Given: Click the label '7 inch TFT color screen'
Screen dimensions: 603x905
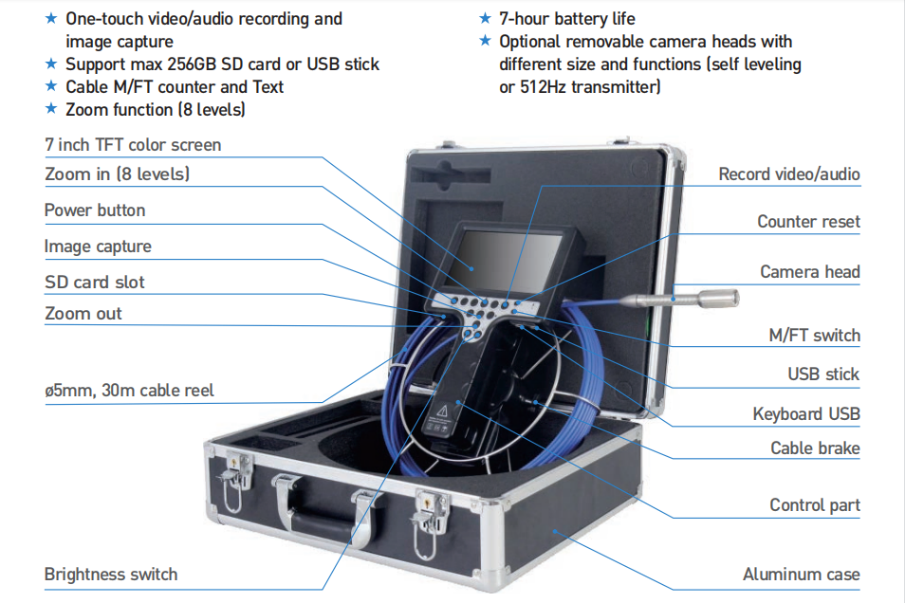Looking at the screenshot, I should pyautogui.click(x=133, y=145).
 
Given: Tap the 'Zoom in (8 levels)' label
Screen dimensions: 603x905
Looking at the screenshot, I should pyautogui.click(x=117, y=174).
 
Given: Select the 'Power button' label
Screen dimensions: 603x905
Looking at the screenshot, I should pyautogui.click(x=95, y=210).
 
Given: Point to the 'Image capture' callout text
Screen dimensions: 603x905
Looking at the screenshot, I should pyautogui.click(x=98, y=247).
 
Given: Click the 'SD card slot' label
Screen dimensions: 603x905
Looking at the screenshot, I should pyautogui.click(x=95, y=283).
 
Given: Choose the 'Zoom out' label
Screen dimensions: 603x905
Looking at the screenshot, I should pyautogui.click(x=83, y=314).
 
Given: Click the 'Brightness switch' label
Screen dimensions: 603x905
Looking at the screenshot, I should pyautogui.click(x=111, y=574).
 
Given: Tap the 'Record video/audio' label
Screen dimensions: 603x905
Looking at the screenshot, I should pyautogui.click(x=789, y=174).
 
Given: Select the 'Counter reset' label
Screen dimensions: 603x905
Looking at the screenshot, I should pyautogui.click(x=808, y=222).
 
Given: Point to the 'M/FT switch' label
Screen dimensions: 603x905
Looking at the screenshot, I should pyautogui.click(x=814, y=335).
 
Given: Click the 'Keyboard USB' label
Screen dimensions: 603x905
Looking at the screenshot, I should pyautogui.click(x=806, y=413).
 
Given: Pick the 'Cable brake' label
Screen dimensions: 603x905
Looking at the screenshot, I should pyautogui.click(x=815, y=448).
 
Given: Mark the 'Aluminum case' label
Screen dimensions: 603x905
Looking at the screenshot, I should pyautogui.click(x=802, y=574).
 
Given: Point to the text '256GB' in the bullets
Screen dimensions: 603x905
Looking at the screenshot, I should pyautogui.click(x=195, y=64).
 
